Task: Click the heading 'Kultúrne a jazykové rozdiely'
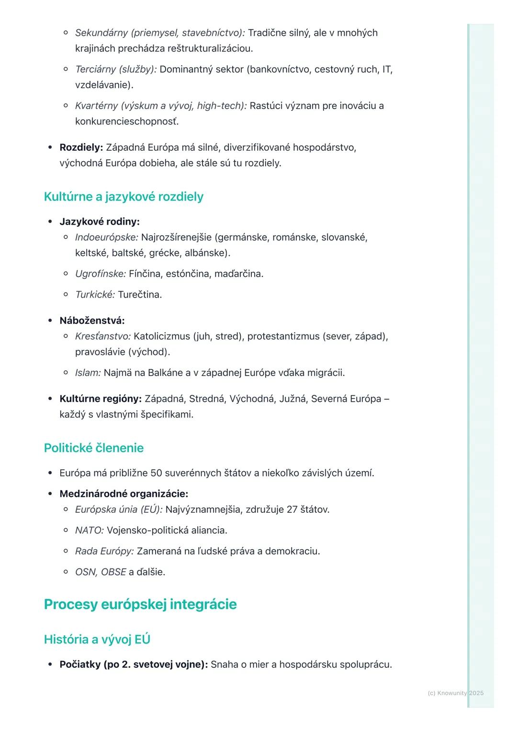[x=124, y=197]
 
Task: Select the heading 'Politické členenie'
[x=94, y=448]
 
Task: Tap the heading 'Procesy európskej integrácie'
[x=140, y=604]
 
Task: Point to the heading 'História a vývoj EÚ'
[x=97, y=639]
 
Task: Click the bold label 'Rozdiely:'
[x=81, y=147]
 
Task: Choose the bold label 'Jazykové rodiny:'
[x=100, y=222]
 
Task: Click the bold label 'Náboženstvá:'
[x=92, y=321]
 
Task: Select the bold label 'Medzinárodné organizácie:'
[x=124, y=494]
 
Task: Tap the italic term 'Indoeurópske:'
[x=106, y=237]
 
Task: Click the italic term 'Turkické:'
[x=95, y=295]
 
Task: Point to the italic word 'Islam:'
[x=88, y=373]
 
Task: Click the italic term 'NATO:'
[x=90, y=530]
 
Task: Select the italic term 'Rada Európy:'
[x=104, y=551]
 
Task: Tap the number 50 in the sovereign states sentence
[x=156, y=473]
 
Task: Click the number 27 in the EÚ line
[x=292, y=509]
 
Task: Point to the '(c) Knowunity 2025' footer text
[x=455, y=693]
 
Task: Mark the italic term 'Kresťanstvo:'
[x=103, y=336]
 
